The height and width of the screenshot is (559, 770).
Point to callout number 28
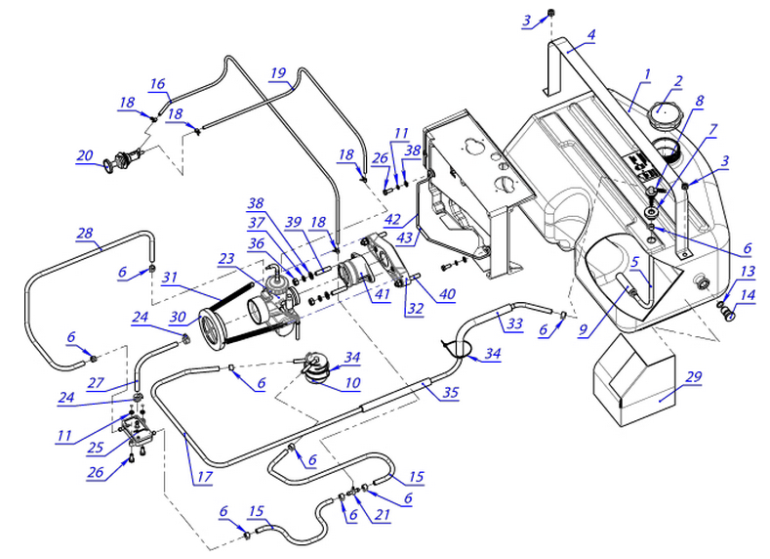[x=85, y=233]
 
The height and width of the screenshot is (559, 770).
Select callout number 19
[x=278, y=72]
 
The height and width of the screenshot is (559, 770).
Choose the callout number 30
[x=178, y=317]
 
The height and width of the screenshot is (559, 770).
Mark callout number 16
[x=158, y=85]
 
